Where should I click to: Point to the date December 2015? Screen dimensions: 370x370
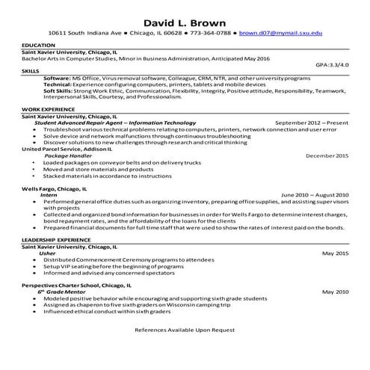(x=327, y=155)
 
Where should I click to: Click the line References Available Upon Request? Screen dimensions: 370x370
(x=185, y=329)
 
